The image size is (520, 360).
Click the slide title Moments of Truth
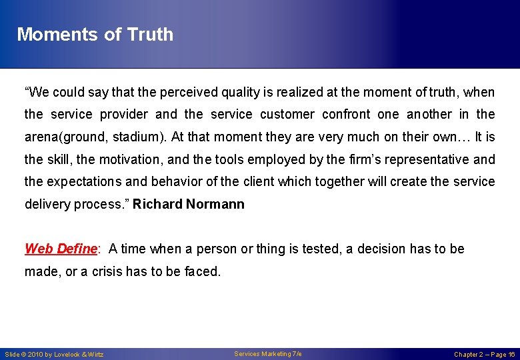pyautogui.click(x=95, y=35)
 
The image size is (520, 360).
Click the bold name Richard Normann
pyautogui.click(x=189, y=204)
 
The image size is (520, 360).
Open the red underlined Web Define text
pyautogui.click(x=61, y=249)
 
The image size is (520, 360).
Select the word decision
pyautogui.click(x=381, y=249)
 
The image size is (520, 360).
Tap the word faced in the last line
pyautogui.click(x=203, y=271)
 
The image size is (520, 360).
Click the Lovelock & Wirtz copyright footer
pyautogui.click(x=54, y=354)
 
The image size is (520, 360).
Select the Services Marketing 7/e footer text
pyautogui.click(x=268, y=354)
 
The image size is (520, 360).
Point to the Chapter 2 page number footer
pyautogui.click(x=485, y=354)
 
